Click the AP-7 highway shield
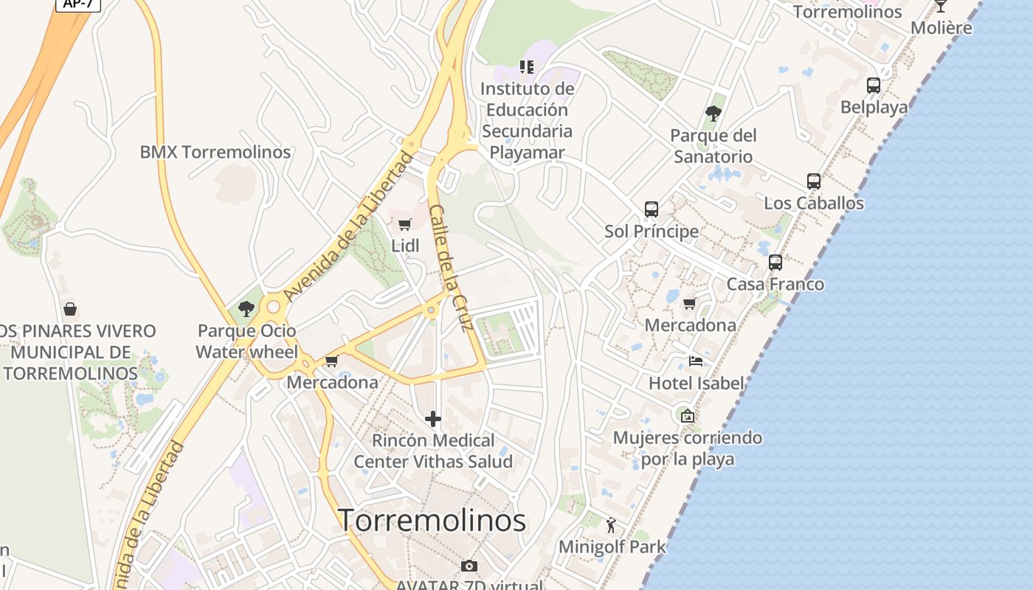77,4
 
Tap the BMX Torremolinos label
215,152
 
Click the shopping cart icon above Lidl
404,224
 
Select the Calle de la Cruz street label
449,268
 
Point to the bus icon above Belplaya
874,86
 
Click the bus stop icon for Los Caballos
814,181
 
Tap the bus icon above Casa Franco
775,263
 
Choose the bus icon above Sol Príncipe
652,209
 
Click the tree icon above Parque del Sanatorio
713,114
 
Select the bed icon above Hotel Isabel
696,361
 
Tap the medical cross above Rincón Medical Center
433,420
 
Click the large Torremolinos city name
432,521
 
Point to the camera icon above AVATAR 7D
469,566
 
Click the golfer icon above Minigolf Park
611,525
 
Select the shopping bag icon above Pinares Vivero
70,309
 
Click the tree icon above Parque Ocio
246,309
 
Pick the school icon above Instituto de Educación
527,67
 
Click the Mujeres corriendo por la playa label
688,448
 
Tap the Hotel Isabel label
697,383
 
